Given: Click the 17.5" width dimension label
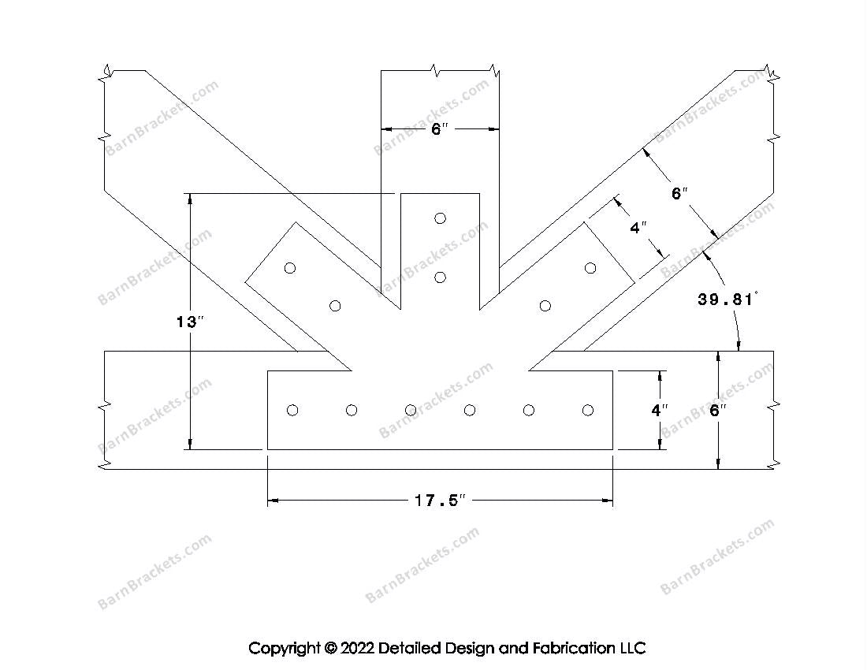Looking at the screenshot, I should tap(441, 501).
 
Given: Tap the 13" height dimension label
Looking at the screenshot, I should tap(189, 322).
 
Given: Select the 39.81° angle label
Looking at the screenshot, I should tap(726, 300).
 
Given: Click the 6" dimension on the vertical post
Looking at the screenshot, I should tap(439, 128).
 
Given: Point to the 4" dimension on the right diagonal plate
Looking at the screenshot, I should tap(638, 229).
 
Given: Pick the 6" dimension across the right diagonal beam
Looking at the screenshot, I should tap(679, 193).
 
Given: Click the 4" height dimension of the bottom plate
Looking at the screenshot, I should tap(660, 410).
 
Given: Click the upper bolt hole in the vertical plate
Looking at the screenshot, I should tap(440, 218).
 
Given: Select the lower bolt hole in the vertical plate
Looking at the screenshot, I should tap(440, 277).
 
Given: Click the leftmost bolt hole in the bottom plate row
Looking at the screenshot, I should tap(292, 410).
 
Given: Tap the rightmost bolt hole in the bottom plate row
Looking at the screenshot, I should tap(587, 410).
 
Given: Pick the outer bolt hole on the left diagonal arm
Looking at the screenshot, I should tap(290, 268).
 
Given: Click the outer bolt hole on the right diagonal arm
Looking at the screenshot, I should tap(590, 268).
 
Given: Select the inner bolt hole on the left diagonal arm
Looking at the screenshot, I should tap(335, 306).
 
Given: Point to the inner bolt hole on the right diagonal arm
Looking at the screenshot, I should tap(545, 306).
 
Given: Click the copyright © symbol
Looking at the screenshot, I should tap(329, 649).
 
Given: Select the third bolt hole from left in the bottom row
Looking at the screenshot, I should tap(411, 410).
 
